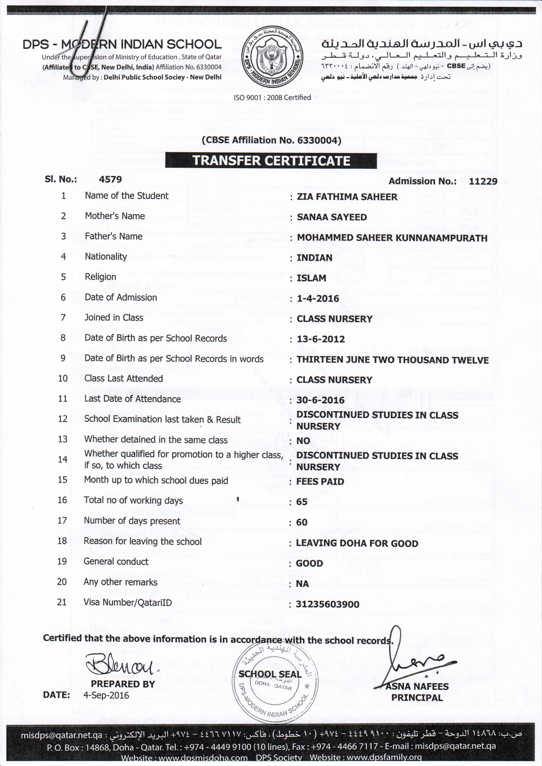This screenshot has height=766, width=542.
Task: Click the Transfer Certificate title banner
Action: [271, 161]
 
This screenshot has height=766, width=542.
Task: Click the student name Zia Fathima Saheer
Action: [347, 197]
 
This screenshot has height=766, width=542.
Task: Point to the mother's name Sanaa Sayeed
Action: [332, 217]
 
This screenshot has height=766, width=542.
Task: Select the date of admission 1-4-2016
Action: [318, 299]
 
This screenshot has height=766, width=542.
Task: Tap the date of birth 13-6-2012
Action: [321, 339]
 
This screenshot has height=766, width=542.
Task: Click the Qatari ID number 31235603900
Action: [327, 604]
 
